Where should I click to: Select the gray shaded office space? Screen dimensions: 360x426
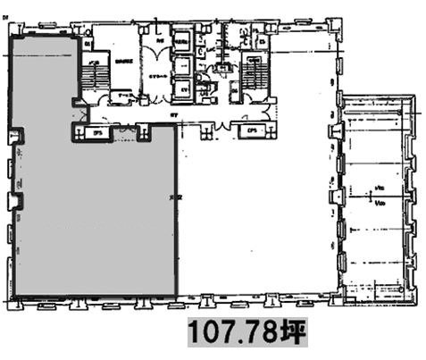(x=89, y=214)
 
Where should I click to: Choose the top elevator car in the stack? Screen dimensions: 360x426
(x=185, y=42)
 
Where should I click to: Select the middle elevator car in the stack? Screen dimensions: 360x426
(x=185, y=65)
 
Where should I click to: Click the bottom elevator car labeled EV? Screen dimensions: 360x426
(x=185, y=88)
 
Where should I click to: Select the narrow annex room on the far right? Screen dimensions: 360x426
(x=375, y=197)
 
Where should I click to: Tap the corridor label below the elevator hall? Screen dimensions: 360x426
(x=175, y=116)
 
